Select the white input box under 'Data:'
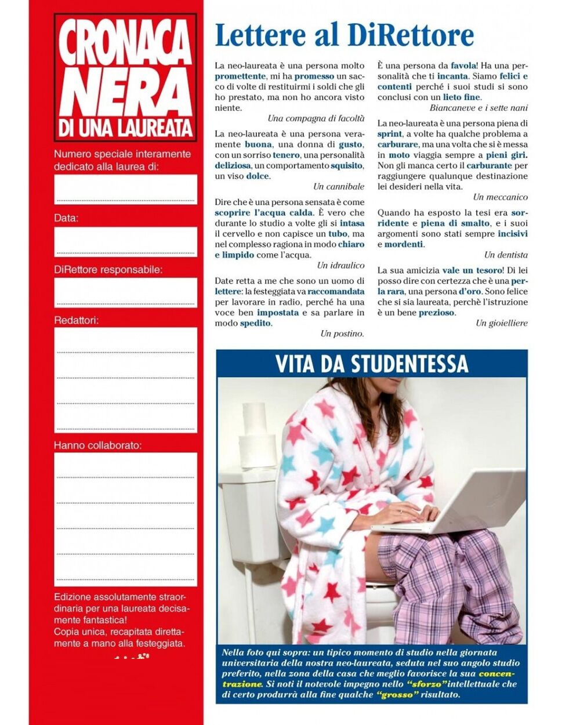(126, 241)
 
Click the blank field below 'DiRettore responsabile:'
(126, 292)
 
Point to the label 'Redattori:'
(77, 320)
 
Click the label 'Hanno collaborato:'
(97, 445)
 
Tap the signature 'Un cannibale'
(339, 186)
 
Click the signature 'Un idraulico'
(340, 265)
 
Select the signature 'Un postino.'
(342, 333)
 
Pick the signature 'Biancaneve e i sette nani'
(478, 108)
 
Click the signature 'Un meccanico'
(500, 197)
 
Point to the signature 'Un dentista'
(506, 255)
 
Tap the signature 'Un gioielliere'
(502, 323)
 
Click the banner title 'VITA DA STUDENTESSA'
(371, 364)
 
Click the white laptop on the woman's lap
(452, 502)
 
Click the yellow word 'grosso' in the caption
(397, 694)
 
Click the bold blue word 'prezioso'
(437, 313)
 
